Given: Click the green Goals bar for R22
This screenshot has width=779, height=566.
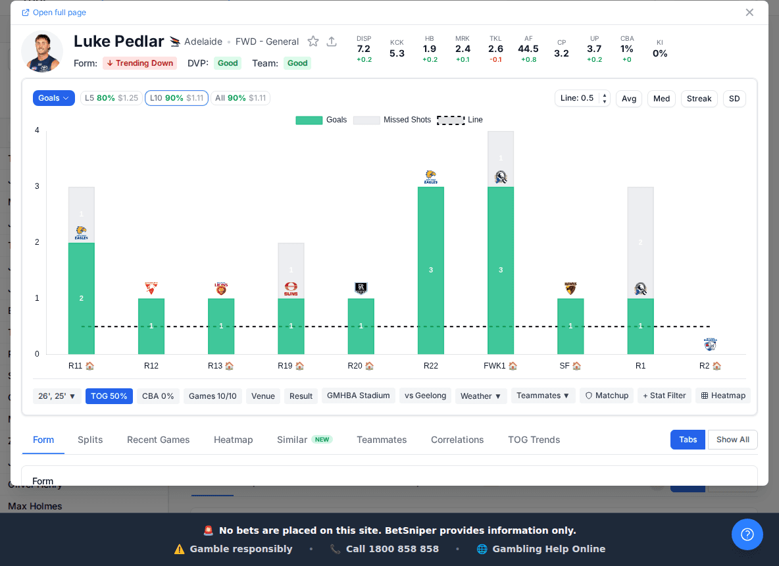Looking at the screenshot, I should (x=430, y=270).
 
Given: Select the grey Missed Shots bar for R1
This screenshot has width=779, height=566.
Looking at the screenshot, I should (x=640, y=242).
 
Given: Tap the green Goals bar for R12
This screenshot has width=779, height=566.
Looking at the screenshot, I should (x=151, y=326).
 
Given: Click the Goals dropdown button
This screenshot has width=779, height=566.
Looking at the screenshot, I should (x=53, y=98).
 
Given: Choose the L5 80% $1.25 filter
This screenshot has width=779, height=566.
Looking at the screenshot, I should (x=111, y=98).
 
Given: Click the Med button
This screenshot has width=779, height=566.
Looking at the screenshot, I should (x=661, y=99).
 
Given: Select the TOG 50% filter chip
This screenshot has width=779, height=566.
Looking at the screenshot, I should (x=109, y=396).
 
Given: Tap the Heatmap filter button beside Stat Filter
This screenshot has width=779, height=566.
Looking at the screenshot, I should (x=722, y=396).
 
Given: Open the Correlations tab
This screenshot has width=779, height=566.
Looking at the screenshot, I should (x=457, y=440).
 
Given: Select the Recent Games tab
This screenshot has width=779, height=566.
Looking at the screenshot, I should (x=158, y=440).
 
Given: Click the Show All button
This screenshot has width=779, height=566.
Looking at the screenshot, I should (x=732, y=440).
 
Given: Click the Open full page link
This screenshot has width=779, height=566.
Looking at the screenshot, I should (x=54, y=13).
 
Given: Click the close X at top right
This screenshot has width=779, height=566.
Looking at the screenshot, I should (x=749, y=13).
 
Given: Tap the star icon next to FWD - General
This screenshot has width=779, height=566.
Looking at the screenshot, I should (x=313, y=41).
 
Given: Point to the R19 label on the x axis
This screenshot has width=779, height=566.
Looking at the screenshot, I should (x=286, y=366).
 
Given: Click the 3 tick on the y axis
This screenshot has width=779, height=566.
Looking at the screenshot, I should (x=37, y=186).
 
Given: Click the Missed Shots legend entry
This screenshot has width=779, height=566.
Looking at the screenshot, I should (x=392, y=120).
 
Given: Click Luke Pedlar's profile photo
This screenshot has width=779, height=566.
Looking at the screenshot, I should (x=42, y=51).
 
